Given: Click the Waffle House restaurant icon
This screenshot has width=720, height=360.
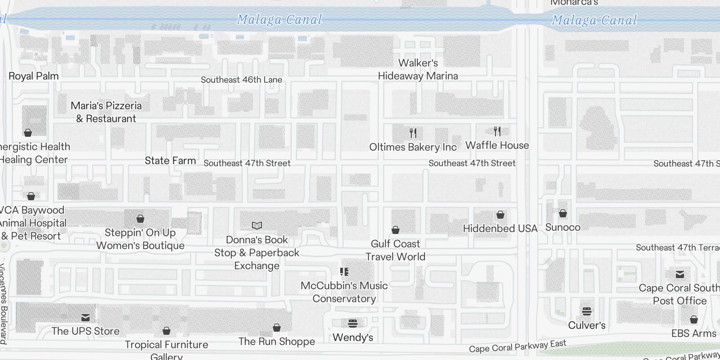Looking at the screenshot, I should click(x=497, y=131).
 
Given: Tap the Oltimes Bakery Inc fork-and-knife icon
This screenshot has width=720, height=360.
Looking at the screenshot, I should click(x=413, y=133).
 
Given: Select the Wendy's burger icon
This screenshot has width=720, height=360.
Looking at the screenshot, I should click(x=353, y=323).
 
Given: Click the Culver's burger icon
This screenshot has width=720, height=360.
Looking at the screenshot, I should click(x=586, y=311).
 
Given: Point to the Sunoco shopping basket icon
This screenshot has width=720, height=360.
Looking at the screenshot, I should click(x=563, y=213).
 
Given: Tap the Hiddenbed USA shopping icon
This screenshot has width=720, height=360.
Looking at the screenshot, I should click(x=500, y=215).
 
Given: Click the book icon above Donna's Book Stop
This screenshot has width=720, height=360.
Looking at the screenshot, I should click(x=257, y=225).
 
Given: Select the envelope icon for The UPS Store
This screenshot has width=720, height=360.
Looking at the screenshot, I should click(x=85, y=318).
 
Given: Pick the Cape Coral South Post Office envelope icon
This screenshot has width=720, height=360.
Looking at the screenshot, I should click(x=680, y=274).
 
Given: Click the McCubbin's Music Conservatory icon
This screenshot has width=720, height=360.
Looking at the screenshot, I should click(x=344, y=272).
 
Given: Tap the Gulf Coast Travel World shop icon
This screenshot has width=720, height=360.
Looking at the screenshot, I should click(x=396, y=230).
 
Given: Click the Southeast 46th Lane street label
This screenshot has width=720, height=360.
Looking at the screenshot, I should click(x=241, y=80).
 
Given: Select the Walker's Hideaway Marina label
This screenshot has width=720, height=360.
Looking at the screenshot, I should click(x=418, y=69).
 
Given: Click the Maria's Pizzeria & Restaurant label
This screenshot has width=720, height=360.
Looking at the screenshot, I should click(x=106, y=112).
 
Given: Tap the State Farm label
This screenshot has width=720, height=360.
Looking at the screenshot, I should click(x=170, y=161).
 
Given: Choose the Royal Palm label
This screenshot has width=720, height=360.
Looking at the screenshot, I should click(x=34, y=76).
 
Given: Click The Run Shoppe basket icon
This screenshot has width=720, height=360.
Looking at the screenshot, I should click(x=277, y=328).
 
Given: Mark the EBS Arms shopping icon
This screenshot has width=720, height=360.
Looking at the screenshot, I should click(x=694, y=320).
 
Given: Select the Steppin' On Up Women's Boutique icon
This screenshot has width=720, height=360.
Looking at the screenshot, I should click(x=140, y=219).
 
